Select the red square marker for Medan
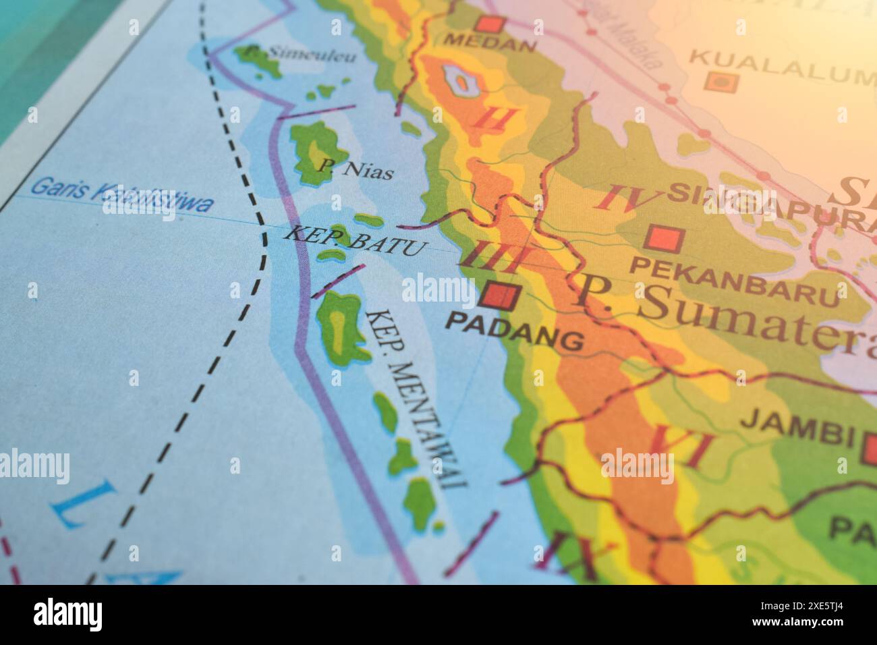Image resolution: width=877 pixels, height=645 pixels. pyautogui.click(x=490, y=24)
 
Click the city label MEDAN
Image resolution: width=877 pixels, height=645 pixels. pyautogui.click(x=490, y=45)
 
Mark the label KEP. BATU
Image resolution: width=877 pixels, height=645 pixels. pyautogui.click(x=355, y=242)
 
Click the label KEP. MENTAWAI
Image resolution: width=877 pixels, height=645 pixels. pyautogui.click(x=417, y=398)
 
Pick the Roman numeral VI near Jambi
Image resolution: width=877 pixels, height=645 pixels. pyautogui.click(x=679, y=447)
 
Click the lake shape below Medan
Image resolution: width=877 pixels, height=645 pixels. pyautogui.click(x=461, y=82)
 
